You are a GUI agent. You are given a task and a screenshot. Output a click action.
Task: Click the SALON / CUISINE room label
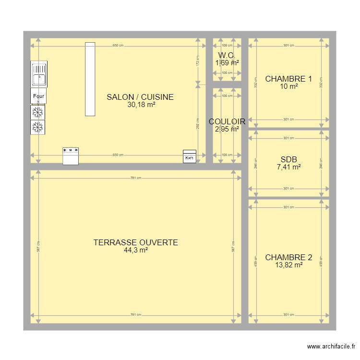pyautogui.click(x=140, y=97)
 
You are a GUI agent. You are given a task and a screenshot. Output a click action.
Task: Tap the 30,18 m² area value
pyautogui.click(x=141, y=105)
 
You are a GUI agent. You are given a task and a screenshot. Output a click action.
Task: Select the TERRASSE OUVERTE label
pyautogui.click(x=136, y=242)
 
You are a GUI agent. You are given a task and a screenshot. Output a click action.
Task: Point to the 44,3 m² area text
pyautogui.click(x=135, y=250)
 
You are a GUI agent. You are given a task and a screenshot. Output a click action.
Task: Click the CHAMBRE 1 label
pyautogui.click(x=288, y=79)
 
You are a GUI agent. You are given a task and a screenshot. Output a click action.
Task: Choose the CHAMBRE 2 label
pyautogui.click(x=288, y=257)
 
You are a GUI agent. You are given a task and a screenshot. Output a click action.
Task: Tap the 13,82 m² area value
pyautogui.click(x=288, y=264)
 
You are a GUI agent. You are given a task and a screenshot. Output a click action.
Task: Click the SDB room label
pyautogui.click(x=288, y=160)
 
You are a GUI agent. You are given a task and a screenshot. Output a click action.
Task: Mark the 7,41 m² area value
pyautogui.click(x=288, y=167)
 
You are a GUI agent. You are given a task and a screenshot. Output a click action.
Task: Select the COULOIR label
pyautogui.click(x=227, y=121)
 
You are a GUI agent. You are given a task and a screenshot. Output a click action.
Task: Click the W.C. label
pyautogui.click(x=227, y=55)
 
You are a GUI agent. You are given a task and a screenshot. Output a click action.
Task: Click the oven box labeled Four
pyautogui.click(x=38, y=96)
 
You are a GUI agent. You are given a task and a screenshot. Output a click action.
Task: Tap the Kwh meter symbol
pyautogui.click(x=190, y=157)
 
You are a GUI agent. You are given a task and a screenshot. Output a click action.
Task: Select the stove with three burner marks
pyautogui.click(x=71, y=156)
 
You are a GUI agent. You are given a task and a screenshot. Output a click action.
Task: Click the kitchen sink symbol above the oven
pyautogui.click(x=38, y=74)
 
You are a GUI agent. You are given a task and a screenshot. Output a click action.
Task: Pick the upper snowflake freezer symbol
pyautogui.click(x=38, y=112)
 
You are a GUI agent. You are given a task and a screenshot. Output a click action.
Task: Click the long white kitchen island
pyautogui.click(x=90, y=79)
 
